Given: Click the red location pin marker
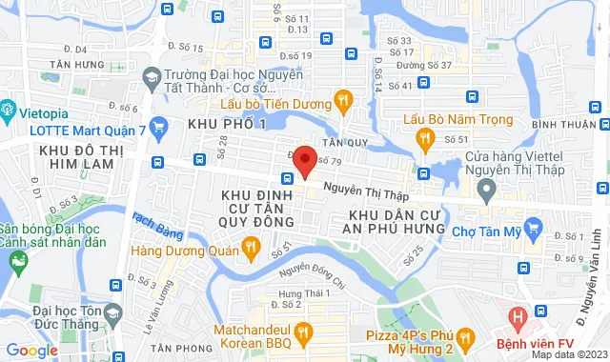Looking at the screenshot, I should tap(304, 160).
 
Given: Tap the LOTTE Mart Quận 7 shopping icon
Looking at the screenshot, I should tap(159, 125).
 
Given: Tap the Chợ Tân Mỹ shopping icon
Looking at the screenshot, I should tap(534, 228).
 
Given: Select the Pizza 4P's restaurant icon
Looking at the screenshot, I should tap(465, 335).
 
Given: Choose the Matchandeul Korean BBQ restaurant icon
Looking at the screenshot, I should tap(305, 332).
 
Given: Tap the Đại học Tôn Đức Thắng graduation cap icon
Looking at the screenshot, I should tap(112, 313).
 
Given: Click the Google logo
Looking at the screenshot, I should tap(31, 351).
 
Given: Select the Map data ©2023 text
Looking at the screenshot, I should tap(569, 354).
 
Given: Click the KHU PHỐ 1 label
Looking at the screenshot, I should tap(227, 124).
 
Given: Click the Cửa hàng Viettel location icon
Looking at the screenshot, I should tap(486, 190).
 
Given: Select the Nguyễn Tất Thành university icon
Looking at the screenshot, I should tap(151, 75).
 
